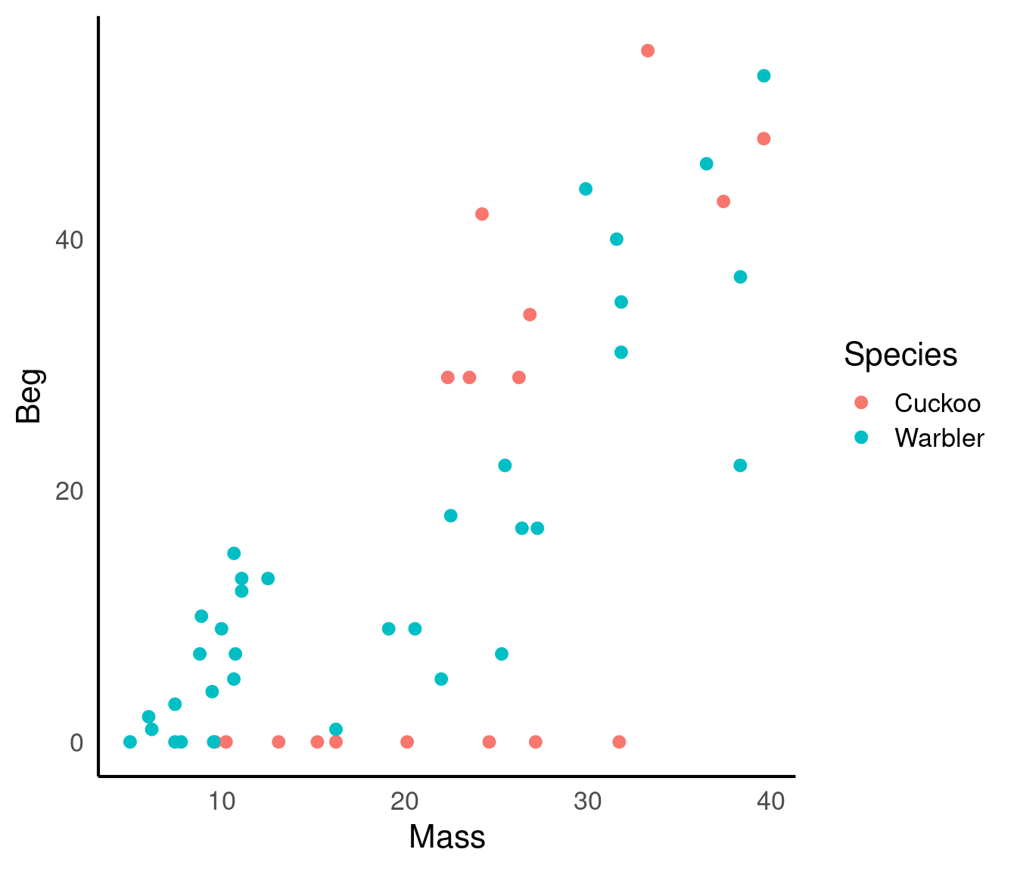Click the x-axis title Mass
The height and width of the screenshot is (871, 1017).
coord(446,838)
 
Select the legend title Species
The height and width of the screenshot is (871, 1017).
coord(900,355)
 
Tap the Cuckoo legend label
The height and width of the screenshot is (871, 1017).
coord(937,403)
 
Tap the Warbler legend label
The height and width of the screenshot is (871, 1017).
coord(939,438)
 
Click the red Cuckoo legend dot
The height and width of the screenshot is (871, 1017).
coord(861,402)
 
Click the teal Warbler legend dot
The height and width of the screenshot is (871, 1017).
coord(861,437)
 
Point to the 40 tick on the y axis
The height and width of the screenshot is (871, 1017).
coord(69,240)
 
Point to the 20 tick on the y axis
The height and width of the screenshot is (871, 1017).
coord(69,491)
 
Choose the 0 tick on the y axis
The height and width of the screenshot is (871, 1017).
coord(76,742)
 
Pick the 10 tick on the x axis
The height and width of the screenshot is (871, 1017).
coord(221,801)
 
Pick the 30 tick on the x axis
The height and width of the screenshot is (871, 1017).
coord(587,801)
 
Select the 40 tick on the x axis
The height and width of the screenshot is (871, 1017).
coord(770,801)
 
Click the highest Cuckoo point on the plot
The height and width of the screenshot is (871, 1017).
coord(648,51)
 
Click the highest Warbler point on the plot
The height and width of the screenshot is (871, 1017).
coord(764,76)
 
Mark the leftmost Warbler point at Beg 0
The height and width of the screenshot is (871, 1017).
coord(130,742)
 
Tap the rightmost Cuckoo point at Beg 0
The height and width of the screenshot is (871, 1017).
coord(619,742)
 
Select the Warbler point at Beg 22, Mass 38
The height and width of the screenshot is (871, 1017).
coord(740,465)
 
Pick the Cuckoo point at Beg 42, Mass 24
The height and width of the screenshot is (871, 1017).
coord(482,214)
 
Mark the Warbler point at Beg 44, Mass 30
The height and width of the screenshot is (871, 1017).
coord(586,189)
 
